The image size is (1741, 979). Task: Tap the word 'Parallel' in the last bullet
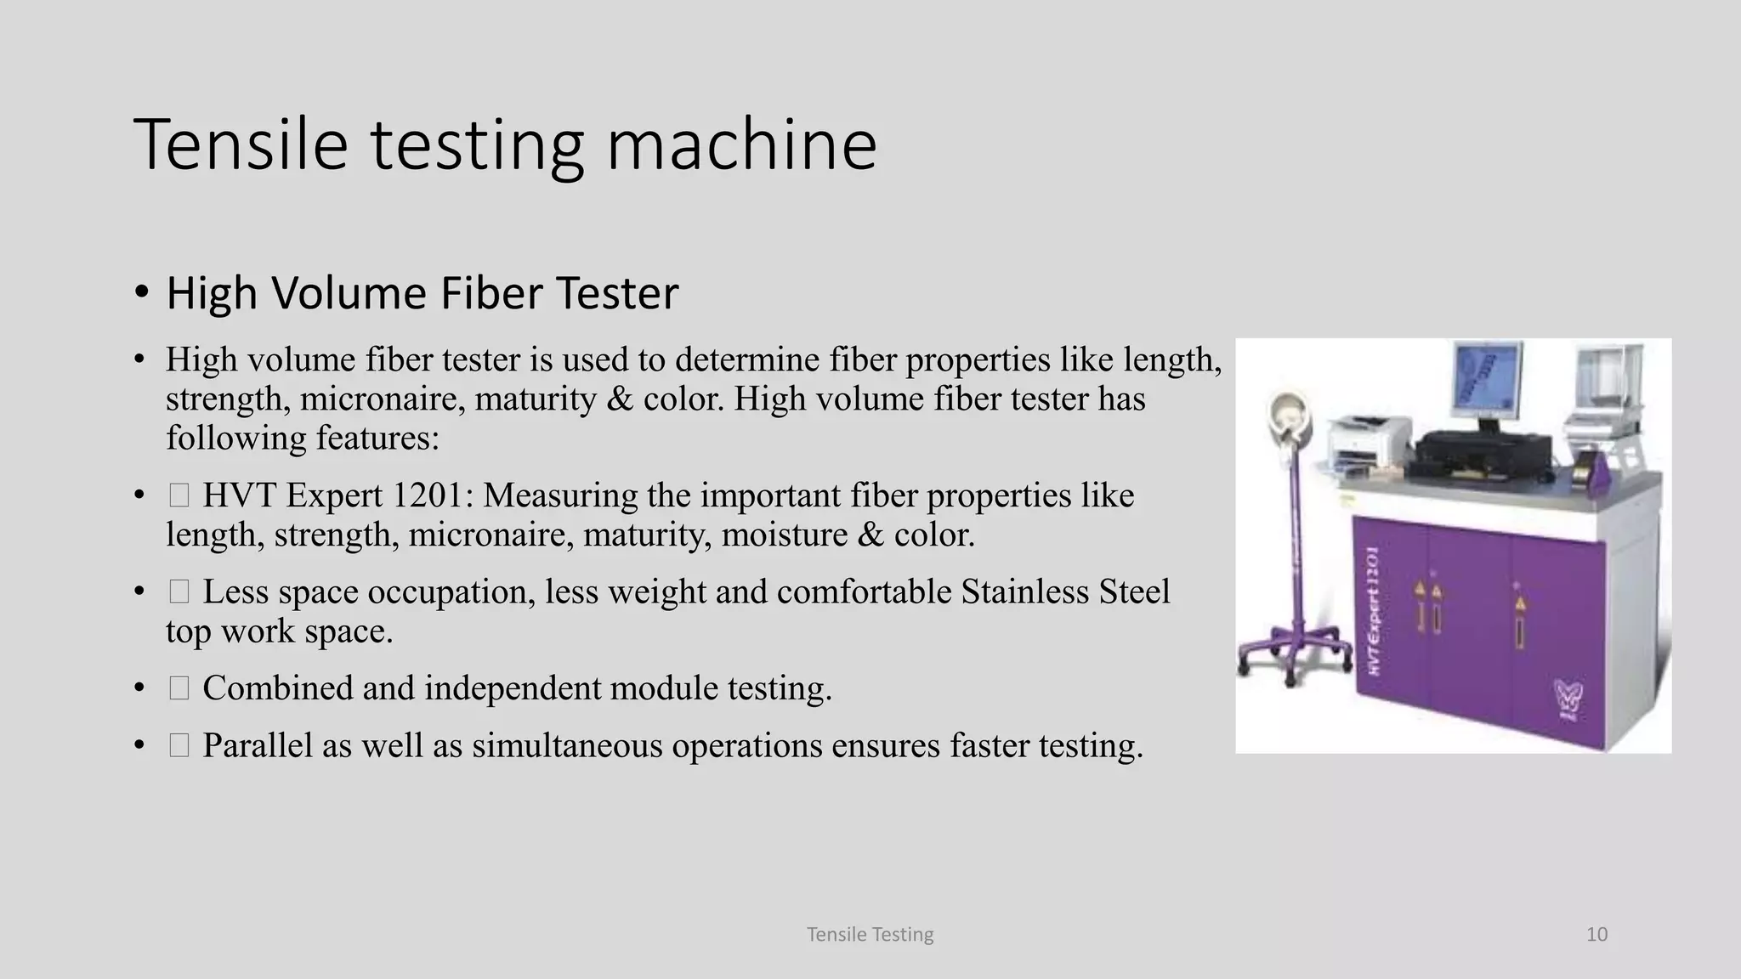pos(258,745)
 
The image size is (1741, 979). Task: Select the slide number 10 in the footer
pos(1596,935)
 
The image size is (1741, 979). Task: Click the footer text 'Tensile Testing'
pos(870,935)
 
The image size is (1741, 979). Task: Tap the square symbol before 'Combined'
pos(179,688)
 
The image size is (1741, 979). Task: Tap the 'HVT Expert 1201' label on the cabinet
pos(1375,612)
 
